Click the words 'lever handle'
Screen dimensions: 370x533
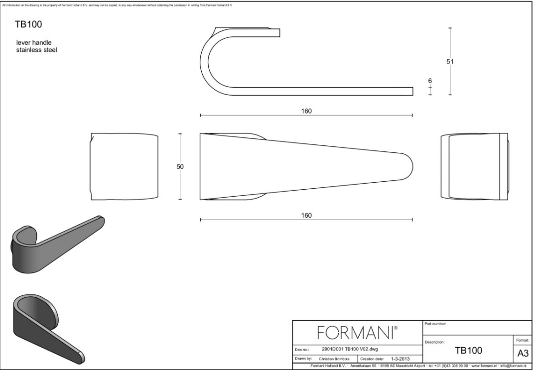click(x=34, y=43)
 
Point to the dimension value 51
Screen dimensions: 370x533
click(x=450, y=61)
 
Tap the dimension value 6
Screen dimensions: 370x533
click(x=430, y=81)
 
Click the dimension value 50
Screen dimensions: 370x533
click(x=180, y=167)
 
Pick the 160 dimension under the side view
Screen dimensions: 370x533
click(x=306, y=111)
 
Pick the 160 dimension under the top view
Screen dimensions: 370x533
click(x=306, y=215)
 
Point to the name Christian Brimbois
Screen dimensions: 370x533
click(x=335, y=358)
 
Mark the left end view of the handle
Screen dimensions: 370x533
click(x=125, y=167)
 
